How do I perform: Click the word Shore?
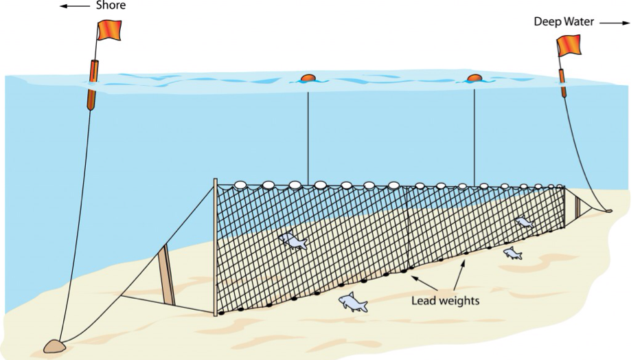pyautogui.click(x=110, y=6)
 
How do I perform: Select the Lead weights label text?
pyautogui.click(x=445, y=300)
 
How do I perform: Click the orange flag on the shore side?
pyautogui.click(x=109, y=30)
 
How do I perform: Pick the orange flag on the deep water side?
pyautogui.click(x=569, y=45)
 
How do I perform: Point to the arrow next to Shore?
pyautogui.click(x=74, y=6)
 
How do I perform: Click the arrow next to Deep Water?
pyautogui.click(x=615, y=22)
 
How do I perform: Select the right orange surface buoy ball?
pyautogui.click(x=474, y=78)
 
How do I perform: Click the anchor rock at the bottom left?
pyautogui.click(x=55, y=344)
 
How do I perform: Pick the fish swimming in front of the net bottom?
pyautogui.click(x=352, y=302)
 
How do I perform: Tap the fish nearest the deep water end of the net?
pyautogui.click(x=524, y=222)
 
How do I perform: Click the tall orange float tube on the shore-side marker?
pyautogui.click(x=91, y=84)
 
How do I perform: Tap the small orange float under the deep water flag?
pyautogui.click(x=562, y=82)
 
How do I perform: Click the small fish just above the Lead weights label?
pyautogui.click(x=512, y=254)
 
